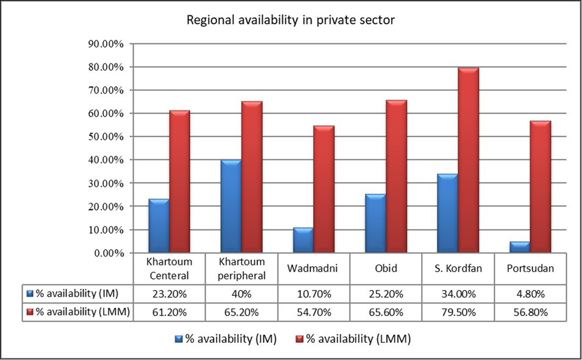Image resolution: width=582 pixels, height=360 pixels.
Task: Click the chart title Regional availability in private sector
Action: click(x=290, y=20)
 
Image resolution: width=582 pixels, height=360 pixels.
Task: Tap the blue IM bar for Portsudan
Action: click(x=519, y=247)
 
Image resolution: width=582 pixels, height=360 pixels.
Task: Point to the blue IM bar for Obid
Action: click(x=375, y=223)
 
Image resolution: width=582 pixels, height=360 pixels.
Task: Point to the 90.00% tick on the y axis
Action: click(x=106, y=44)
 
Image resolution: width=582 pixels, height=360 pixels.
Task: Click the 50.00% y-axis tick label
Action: click(x=106, y=137)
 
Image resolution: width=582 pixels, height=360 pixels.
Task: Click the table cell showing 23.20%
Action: click(x=170, y=293)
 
